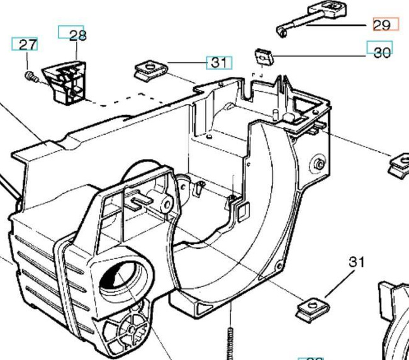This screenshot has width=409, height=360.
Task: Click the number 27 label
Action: pyautogui.click(x=26, y=45)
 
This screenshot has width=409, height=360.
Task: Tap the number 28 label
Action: pyautogui.click(x=78, y=35)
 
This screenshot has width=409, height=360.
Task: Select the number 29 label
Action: pyautogui.click(x=382, y=25)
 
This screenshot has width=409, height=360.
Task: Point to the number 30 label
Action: pyautogui.click(x=382, y=53)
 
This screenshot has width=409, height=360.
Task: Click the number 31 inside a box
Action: pyautogui.click(x=219, y=62)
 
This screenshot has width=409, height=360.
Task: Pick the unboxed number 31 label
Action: pyautogui.click(x=357, y=262)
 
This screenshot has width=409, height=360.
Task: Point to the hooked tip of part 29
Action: pyautogui.click(x=283, y=31)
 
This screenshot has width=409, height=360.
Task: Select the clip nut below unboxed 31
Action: pyautogui.click(x=310, y=308)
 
